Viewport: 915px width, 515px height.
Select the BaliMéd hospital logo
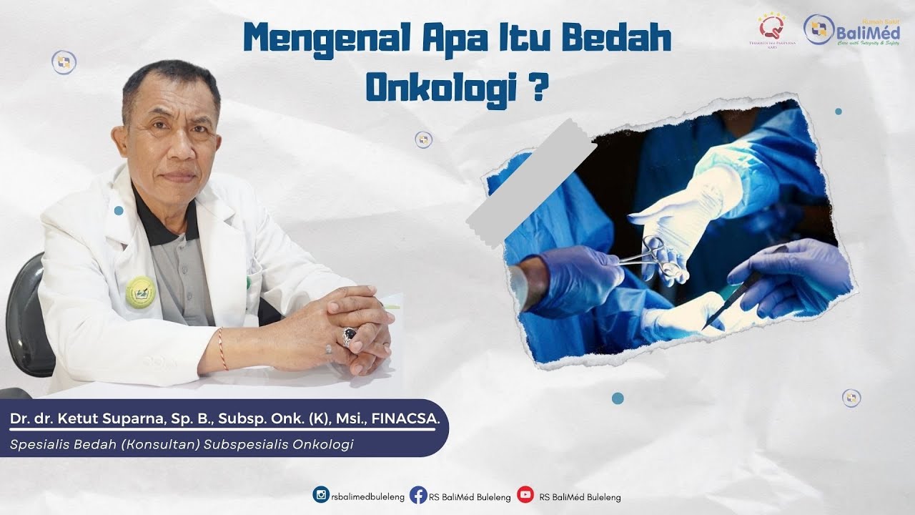click(x=851, y=31)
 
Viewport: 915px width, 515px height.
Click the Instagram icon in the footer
click(x=322, y=495)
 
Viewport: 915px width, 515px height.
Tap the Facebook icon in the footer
click(x=418, y=496)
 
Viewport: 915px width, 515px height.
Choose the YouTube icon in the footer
click(x=525, y=495)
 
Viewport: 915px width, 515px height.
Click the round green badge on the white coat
click(x=140, y=290)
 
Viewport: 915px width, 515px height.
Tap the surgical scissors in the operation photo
click(x=654, y=257)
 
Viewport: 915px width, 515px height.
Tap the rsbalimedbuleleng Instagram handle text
click(x=368, y=496)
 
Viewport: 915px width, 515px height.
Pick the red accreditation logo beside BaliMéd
click(x=771, y=29)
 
